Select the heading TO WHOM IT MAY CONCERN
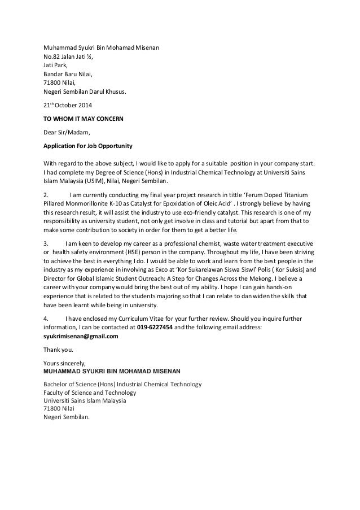click(84, 119)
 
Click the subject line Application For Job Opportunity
click(88, 146)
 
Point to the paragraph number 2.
click(46, 195)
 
